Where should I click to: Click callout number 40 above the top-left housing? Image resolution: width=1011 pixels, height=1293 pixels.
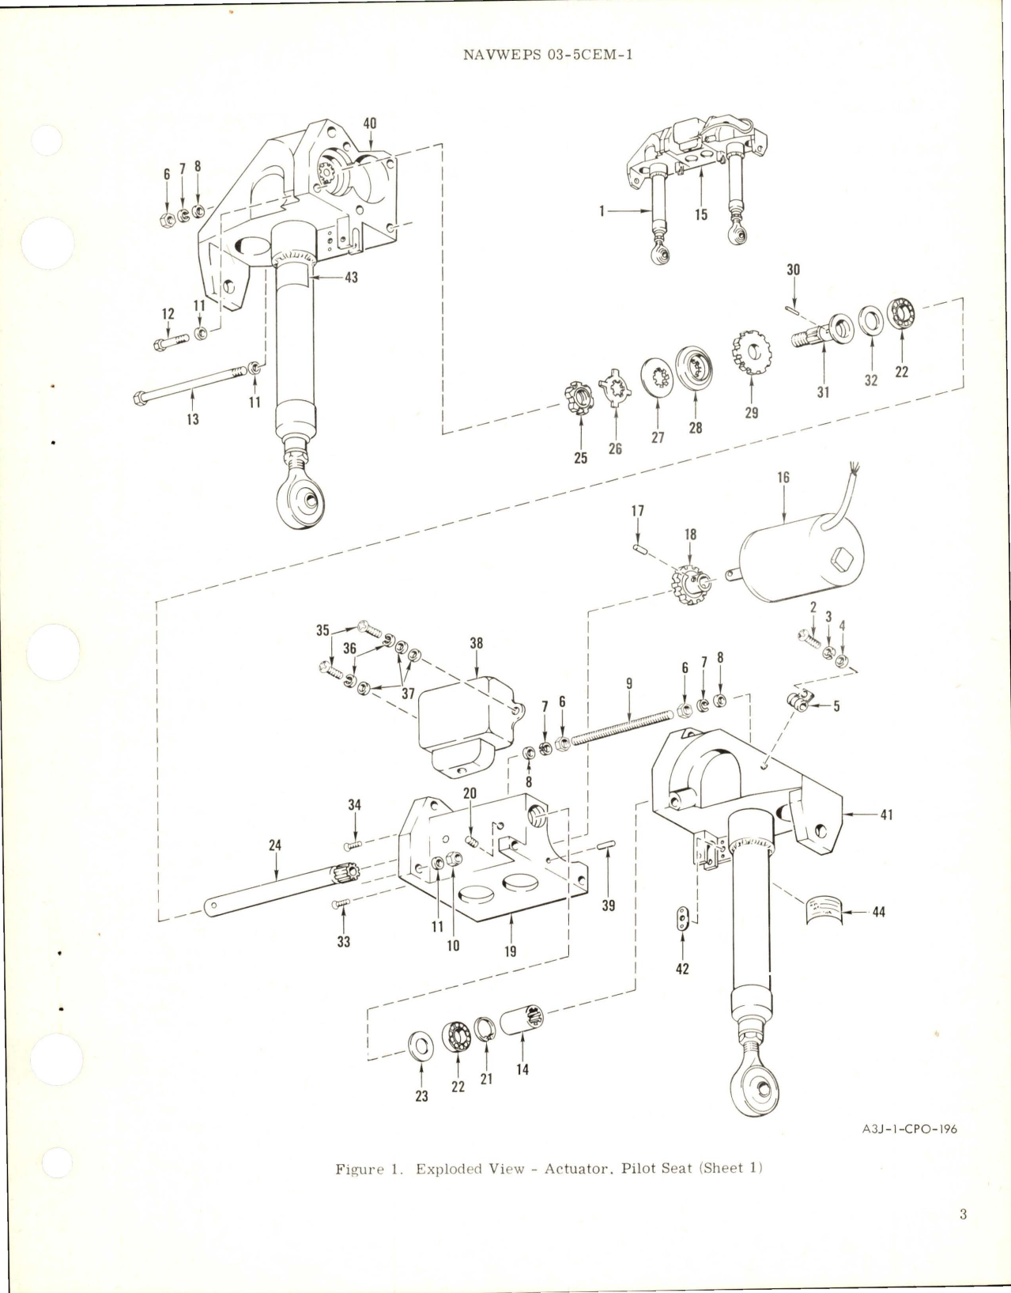[x=369, y=124]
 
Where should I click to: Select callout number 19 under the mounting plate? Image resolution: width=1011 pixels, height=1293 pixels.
[x=511, y=951]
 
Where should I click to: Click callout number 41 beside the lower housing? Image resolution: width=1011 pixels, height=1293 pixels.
[x=886, y=815]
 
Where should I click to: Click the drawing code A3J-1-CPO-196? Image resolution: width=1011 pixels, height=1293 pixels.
[x=909, y=1129]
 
